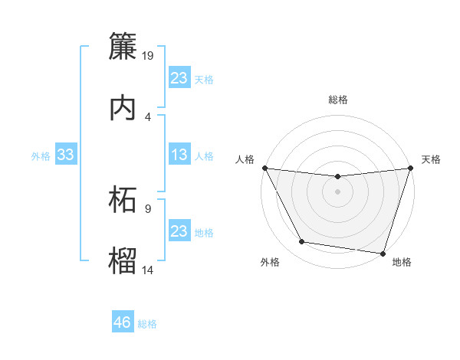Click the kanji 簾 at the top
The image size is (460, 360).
(x=123, y=47)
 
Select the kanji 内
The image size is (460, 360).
(x=123, y=108)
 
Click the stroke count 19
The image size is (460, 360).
(x=148, y=56)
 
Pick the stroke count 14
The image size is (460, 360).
(x=148, y=270)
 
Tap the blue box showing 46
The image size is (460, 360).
(x=123, y=323)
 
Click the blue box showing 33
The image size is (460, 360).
(x=65, y=155)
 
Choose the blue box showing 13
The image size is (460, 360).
(x=179, y=155)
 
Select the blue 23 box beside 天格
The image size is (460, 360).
(x=179, y=78)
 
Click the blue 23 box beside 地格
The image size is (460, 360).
(x=179, y=231)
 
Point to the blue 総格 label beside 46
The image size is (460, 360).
(x=147, y=324)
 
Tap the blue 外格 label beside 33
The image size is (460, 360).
(x=41, y=156)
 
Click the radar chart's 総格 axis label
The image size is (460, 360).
(x=337, y=100)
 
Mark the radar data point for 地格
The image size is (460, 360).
(x=383, y=253)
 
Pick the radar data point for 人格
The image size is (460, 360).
(x=264, y=168)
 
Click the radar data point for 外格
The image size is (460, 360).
(x=301, y=242)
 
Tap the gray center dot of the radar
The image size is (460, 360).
(x=337, y=191)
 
